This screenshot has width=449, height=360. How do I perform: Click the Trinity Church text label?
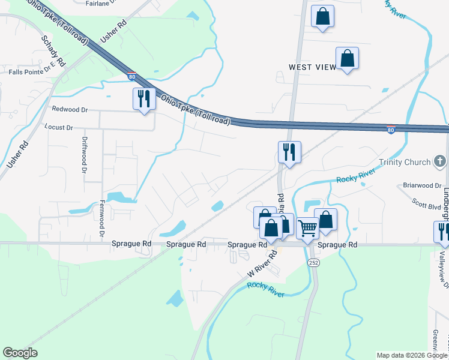404,162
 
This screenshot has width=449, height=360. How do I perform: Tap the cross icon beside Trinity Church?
440,161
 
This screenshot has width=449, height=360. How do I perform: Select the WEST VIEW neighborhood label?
312,67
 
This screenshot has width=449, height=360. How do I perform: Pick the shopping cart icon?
307,228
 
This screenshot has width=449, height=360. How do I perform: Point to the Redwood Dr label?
70,110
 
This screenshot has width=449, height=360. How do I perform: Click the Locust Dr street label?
59,127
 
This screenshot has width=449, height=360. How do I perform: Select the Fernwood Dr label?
102,220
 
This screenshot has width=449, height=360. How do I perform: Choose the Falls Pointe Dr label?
32,72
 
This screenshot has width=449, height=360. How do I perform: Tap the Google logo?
20,353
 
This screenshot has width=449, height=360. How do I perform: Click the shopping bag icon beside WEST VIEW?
347,59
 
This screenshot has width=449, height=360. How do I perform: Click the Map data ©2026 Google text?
411,355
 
